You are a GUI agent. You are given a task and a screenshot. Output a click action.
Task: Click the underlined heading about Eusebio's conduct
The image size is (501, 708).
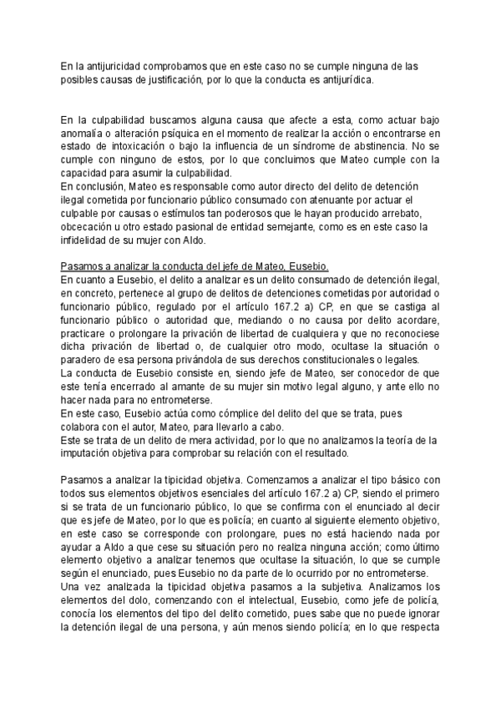195,265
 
